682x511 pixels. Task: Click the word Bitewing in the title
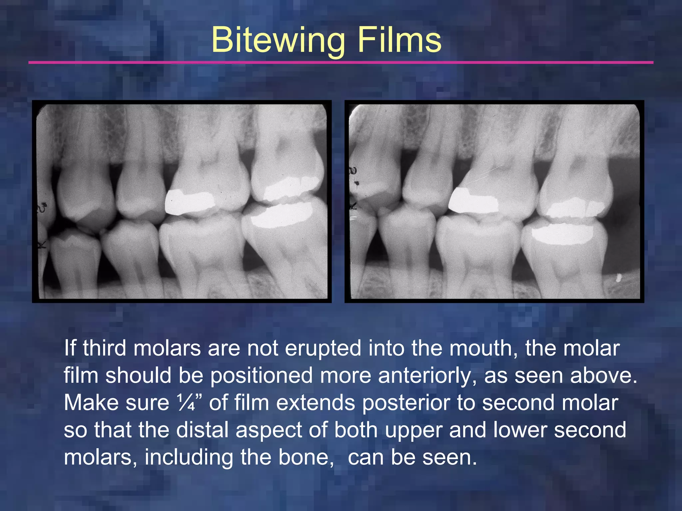(x=278, y=41)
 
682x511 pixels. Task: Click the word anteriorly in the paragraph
(x=427, y=376)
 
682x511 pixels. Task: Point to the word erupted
(x=323, y=348)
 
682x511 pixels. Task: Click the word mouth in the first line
(x=483, y=348)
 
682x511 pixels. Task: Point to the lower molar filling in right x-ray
(x=562, y=234)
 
